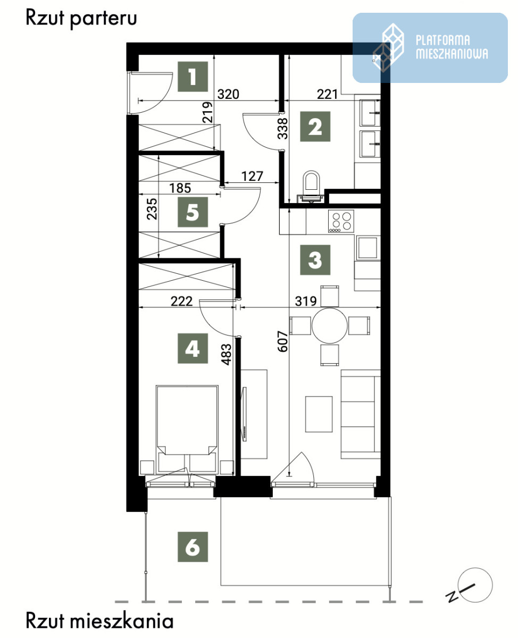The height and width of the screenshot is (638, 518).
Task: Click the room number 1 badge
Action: (193, 77)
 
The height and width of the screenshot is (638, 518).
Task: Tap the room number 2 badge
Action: (315, 127)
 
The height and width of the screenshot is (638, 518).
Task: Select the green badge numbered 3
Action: (315, 260)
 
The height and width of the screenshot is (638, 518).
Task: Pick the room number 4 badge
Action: (193, 348)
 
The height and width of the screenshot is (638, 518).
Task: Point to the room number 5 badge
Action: (193, 212)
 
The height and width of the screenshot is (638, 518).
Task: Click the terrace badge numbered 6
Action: (193, 547)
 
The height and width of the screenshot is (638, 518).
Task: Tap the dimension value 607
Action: (282, 341)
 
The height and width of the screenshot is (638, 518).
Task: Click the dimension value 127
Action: (252, 177)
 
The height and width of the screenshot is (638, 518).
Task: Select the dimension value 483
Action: (227, 354)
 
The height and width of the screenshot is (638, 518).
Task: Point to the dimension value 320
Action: (228, 94)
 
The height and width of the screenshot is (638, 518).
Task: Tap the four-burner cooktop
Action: (341, 221)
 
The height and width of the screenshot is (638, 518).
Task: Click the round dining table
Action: (330, 325)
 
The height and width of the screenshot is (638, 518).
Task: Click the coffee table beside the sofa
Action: (319, 414)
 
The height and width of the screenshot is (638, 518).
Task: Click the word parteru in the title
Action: (103, 19)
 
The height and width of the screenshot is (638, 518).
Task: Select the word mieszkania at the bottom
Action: (122, 621)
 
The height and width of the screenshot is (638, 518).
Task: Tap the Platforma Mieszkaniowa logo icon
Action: (389, 48)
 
